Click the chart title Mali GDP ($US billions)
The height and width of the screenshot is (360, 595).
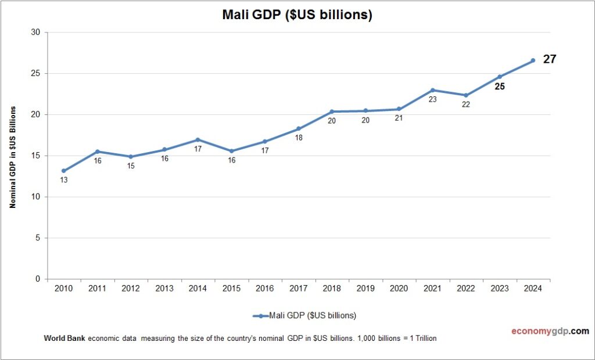(297, 15)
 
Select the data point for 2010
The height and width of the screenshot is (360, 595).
(64, 171)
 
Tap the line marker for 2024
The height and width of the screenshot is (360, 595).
(533, 60)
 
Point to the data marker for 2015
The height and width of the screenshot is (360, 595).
(231, 151)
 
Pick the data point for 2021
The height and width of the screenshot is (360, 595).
(432, 90)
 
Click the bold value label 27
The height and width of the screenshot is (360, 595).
(550, 59)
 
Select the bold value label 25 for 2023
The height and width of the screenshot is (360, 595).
(500, 87)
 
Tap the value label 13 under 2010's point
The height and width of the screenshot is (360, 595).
(64, 180)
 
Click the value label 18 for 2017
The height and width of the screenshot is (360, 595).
(299, 138)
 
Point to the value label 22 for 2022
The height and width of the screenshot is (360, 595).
(465, 105)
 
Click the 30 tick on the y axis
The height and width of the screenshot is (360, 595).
(35, 33)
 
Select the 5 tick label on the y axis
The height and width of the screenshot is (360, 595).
(38, 238)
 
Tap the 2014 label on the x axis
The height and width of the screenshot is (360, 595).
(198, 289)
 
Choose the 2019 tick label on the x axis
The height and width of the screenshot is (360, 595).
(365, 289)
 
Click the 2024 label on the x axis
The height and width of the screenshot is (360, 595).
(533, 289)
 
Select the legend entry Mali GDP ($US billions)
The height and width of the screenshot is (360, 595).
(304, 316)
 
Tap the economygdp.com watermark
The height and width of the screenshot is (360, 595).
(550, 331)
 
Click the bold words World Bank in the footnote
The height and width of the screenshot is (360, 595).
(64, 339)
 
